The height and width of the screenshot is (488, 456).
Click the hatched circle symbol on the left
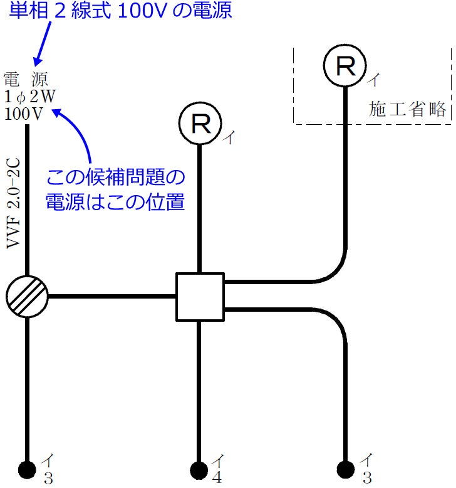(x=27, y=296)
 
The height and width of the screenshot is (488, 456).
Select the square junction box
(x=199, y=297)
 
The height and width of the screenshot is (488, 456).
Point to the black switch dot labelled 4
(x=199, y=470)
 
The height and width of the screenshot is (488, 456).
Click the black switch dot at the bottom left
(x=27, y=470)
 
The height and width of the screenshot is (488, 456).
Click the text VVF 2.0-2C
(x=14, y=204)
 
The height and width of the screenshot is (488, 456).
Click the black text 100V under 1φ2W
(x=23, y=114)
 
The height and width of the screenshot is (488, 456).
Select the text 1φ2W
(x=30, y=97)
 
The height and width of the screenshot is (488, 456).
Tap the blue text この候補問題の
(x=117, y=178)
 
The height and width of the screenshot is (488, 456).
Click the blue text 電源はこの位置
(x=115, y=202)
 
